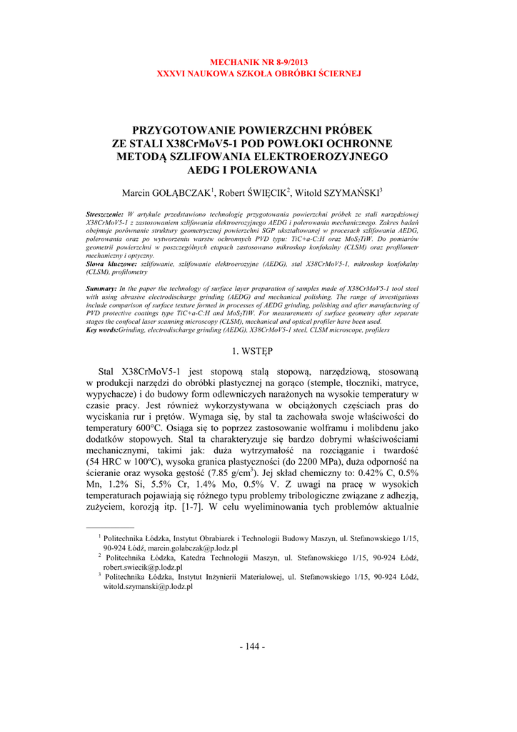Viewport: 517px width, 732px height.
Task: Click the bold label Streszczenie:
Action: coord(105,214)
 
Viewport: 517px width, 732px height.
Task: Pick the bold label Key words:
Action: coord(102,330)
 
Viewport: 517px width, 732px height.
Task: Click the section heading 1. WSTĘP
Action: coord(258,351)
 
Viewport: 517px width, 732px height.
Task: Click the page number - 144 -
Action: coord(258,647)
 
